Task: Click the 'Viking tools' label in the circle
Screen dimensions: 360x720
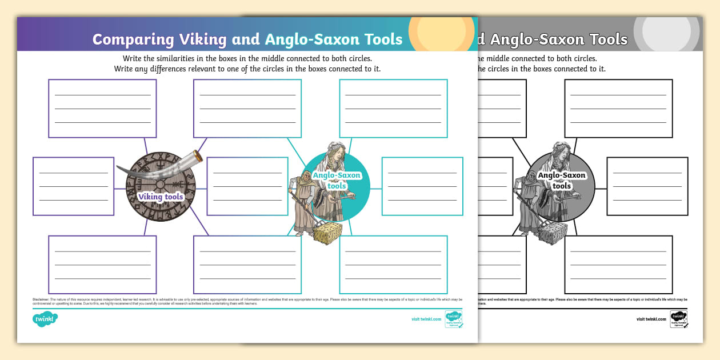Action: tap(161, 197)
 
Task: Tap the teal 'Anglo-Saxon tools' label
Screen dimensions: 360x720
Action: tap(337, 180)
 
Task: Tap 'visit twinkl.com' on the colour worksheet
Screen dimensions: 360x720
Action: tap(426, 319)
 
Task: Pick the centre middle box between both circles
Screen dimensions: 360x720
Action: tap(247, 186)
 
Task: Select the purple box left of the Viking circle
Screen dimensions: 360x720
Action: tap(73, 186)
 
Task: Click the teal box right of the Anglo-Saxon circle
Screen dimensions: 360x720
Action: tap(422, 186)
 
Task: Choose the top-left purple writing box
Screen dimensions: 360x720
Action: tap(102, 109)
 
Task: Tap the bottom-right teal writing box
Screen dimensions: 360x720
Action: tap(393, 265)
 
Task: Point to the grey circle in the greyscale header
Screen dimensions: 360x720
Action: tap(666, 33)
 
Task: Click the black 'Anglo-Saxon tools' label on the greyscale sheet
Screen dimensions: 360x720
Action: tap(562, 180)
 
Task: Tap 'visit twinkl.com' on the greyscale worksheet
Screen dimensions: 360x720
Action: tap(651, 319)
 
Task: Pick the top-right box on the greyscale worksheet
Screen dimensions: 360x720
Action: tap(618, 109)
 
